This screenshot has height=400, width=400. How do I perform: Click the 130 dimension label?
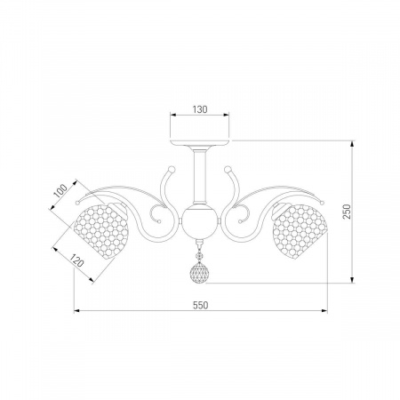coord(200,109)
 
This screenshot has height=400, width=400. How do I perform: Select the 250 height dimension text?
coord(347,212)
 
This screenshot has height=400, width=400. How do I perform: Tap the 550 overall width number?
coord(201,305)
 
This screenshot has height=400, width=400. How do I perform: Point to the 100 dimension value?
coord(60,191)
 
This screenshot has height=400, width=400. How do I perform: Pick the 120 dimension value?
coord(76,260)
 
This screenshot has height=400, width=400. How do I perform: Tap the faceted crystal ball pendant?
coord(199,272)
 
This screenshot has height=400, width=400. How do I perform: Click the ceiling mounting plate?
coord(200,142)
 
